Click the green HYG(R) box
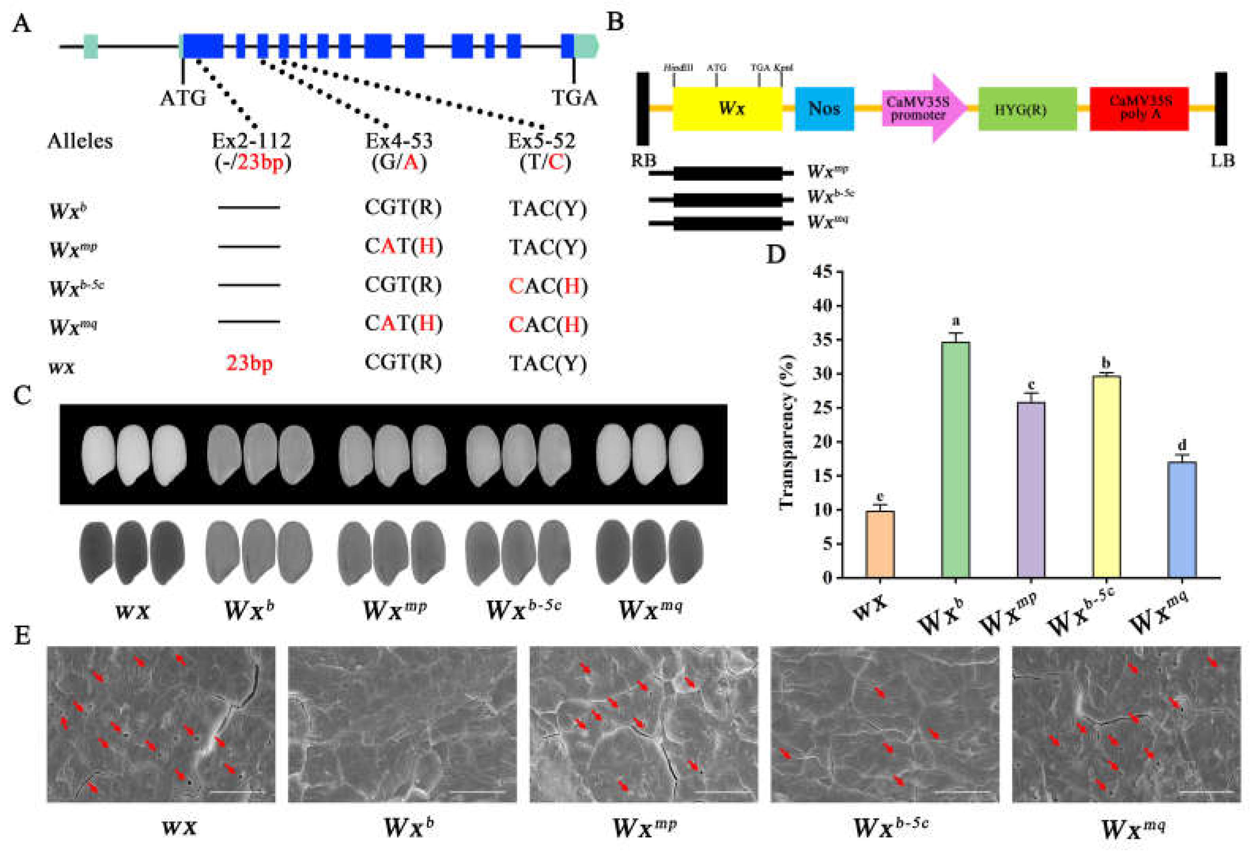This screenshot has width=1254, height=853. (1027, 110)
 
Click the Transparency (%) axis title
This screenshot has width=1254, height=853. (787, 431)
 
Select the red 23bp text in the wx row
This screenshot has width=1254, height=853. (249, 363)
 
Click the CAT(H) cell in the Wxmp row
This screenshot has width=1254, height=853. (403, 246)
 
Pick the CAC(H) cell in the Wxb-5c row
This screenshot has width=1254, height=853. (548, 286)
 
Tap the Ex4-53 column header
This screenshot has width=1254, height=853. (399, 141)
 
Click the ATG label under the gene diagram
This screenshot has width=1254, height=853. (183, 98)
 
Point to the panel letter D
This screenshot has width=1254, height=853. (775, 253)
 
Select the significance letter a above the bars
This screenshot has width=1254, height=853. (955, 322)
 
